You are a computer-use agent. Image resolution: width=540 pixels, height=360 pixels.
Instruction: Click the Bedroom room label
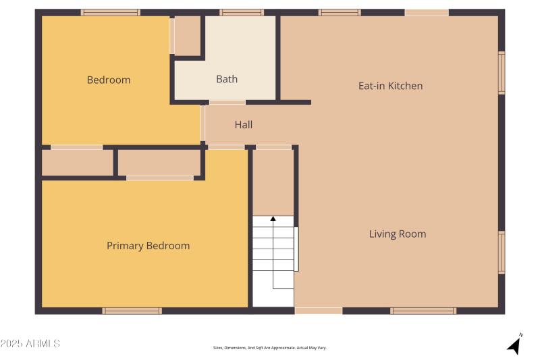pos(109,80)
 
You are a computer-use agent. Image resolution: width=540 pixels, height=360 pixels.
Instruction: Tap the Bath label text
pos(227,79)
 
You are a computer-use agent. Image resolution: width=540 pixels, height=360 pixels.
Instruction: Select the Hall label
pos(244,125)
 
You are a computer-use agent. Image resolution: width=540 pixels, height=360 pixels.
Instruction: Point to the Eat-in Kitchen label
pos(390,86)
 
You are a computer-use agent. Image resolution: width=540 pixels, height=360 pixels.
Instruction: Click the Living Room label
pos(397,234)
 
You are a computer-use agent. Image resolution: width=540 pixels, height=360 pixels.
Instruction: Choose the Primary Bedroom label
pos(148,246)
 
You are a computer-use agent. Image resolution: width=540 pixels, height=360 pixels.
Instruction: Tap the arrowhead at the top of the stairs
pos(273,218)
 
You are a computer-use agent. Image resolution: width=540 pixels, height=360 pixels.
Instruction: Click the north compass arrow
pos(515,344)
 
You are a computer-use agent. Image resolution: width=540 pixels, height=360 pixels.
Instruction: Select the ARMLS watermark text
pos(30,344)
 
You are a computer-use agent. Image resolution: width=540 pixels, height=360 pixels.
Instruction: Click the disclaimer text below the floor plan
pos(269,348)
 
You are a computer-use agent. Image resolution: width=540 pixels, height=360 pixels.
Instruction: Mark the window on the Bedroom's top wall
pos(111,12)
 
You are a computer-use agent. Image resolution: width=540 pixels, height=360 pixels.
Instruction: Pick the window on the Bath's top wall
pos(241,12)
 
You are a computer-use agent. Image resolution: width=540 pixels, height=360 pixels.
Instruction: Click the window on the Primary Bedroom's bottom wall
pos(132,311)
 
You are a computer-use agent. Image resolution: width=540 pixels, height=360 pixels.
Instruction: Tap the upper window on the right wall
pos(502,72)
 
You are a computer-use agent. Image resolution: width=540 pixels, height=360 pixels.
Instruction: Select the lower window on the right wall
pos(502,253)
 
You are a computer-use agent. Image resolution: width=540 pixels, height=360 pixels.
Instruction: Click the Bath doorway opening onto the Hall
pos(227,103)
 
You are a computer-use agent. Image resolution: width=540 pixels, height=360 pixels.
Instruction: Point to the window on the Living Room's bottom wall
pos(423,311)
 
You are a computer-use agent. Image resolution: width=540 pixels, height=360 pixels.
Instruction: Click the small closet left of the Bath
pos(188,36)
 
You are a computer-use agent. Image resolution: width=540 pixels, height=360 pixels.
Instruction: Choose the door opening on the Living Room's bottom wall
pos(319,311)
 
